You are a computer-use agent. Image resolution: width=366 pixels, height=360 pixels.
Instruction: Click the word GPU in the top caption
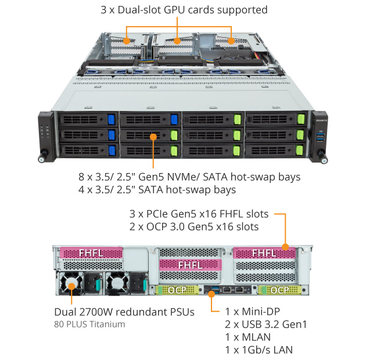pos(176,10)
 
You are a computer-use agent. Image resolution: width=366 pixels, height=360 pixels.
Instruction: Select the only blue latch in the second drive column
pos(174,119)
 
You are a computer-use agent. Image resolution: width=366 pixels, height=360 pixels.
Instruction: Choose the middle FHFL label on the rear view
pos(190,264)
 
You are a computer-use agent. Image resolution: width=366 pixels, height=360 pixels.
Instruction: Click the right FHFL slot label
pos(264,253)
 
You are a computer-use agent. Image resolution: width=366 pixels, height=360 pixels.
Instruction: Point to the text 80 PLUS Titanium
pos(89,324)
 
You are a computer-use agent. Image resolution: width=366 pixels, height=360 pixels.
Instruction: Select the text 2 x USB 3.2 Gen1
pos(265,324)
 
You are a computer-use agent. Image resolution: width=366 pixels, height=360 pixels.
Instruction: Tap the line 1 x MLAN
pos(247,337)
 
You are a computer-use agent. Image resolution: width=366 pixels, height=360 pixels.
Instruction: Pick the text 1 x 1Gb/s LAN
pos(259,350)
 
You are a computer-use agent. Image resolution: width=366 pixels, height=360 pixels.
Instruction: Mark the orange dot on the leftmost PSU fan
pos(72,285)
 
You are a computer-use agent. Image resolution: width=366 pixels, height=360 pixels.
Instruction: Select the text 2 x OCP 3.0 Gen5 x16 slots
pos(194,226)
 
